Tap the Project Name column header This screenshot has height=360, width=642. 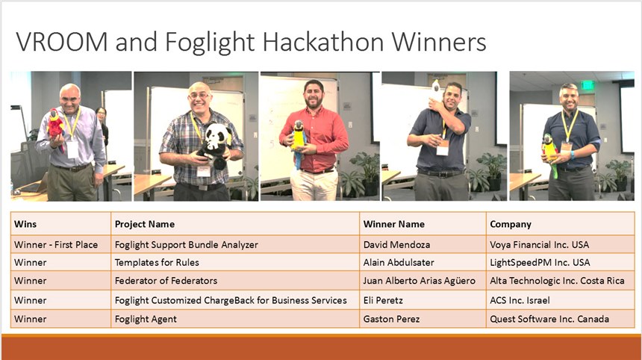click(x=145, y=224)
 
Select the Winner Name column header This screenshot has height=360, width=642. click(x=394, y=224)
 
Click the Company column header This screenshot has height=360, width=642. click(x=511, y=224)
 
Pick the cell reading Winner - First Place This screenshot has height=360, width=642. click(x=56, y=244)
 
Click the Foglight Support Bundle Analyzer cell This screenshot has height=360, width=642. click(x=187, y=245)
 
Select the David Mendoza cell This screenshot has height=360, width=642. click(x=396, y=244)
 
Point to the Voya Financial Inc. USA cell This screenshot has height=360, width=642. click(x=539, y=244)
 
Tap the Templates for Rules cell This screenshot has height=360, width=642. click(x=157, y=262)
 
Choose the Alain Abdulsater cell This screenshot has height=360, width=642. click(x=399, y=262)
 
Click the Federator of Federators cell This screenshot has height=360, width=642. click(x=166, y=281)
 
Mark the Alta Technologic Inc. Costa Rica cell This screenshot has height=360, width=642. click(x=557, y=281)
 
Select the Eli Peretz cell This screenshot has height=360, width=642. click(x=383, y=300)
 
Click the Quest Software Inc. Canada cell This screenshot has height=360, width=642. click(x=549, y=319)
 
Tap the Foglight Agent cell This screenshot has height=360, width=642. click(x=146, y=319)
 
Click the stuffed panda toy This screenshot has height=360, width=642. click(x=214, y=144)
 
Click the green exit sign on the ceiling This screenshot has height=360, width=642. click(x=588, y=85)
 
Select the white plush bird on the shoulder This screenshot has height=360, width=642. click(x=437, y=92)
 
